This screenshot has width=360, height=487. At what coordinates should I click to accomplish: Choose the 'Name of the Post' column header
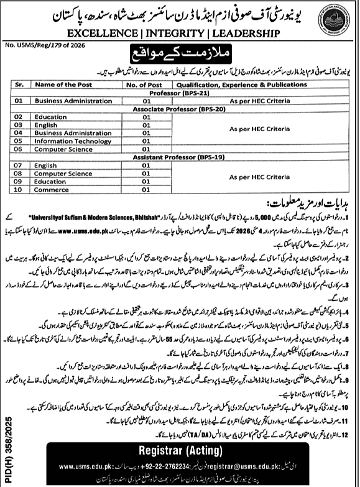point(63,83)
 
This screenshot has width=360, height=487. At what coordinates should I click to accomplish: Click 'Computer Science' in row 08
point(63,174)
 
